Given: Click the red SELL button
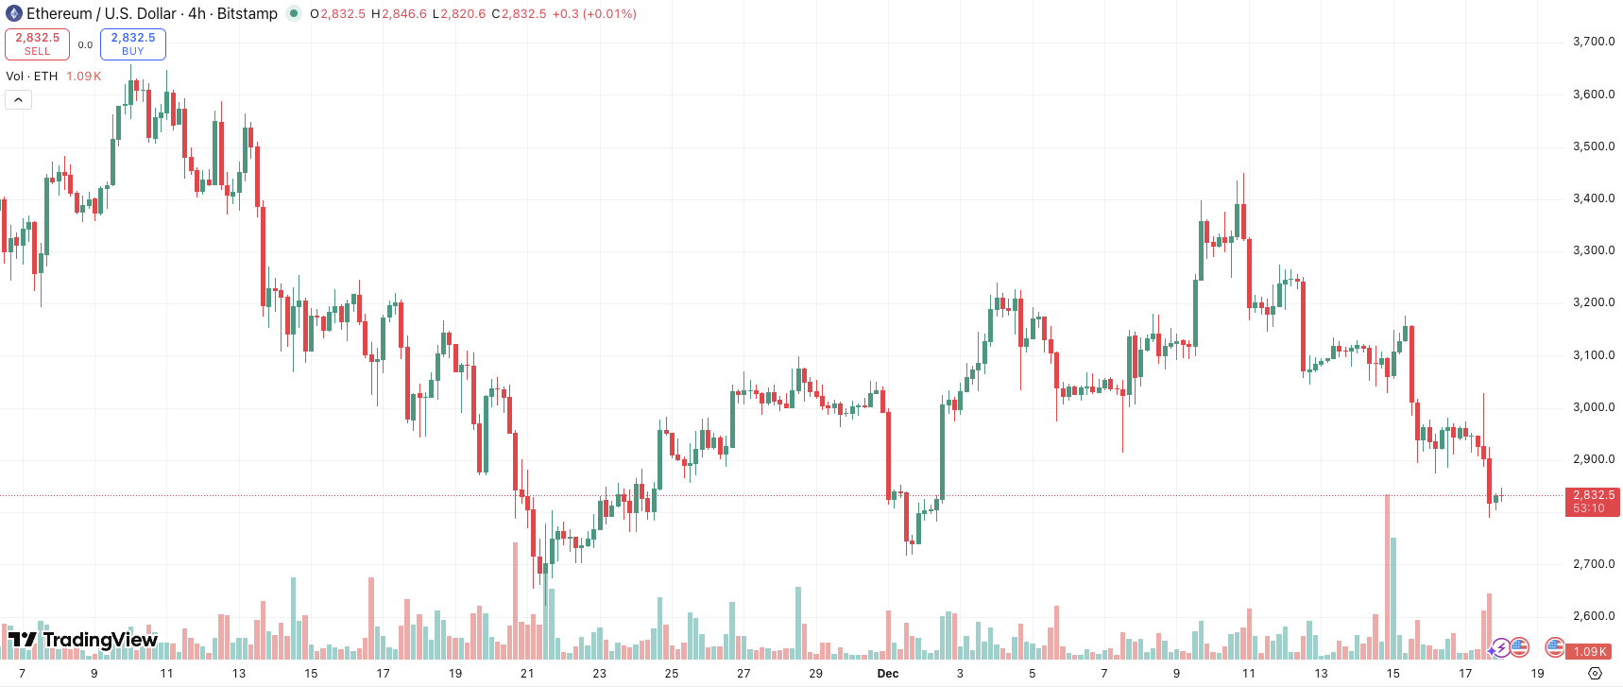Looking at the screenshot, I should [x=37, y=43].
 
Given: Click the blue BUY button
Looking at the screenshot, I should [x=133, y=43].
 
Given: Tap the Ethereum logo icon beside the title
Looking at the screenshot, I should [x=14, y=13].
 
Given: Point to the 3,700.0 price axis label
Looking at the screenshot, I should [x=1594, y=42].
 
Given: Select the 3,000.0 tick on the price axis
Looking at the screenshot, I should [x=1594, y=407].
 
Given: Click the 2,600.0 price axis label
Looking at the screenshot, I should [x=1594, y=616].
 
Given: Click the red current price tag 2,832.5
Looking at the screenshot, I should [x=1593, y=495].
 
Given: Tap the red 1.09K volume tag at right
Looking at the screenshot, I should [x=1590, y=651].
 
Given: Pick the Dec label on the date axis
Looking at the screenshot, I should [x=888, y=674].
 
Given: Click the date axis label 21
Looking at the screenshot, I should [x=527, y=674].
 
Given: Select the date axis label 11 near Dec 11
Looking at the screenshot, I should [x=1249, y=674].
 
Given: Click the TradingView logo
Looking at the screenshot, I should [x=83, y=640].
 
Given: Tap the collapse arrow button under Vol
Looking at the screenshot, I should [x=18, y=99].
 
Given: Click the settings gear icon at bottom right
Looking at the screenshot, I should [x=1596, y=674].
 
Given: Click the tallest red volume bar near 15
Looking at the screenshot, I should [x=1387, y=576].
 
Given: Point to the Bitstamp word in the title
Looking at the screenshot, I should [x=248, y=13].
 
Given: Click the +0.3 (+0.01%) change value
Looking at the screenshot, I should [x=594, y=14].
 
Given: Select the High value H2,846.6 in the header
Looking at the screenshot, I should [x=399, y=14].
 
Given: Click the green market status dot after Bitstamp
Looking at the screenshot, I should [x=294, y=13].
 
